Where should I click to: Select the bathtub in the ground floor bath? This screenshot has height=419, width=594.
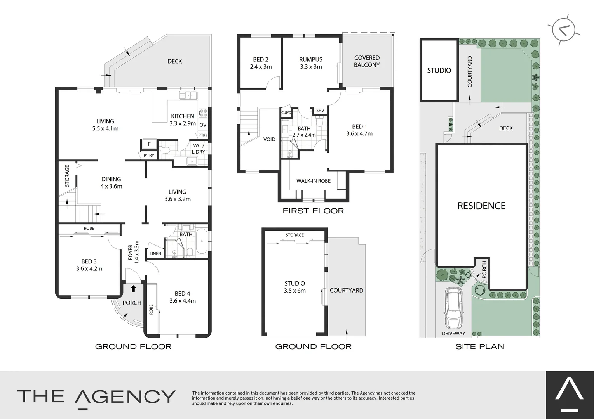point(202,242)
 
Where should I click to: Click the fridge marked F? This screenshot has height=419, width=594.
point(149,144)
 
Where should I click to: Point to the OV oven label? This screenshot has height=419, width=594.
point(203,125)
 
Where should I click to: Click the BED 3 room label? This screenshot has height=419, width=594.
point(89,265)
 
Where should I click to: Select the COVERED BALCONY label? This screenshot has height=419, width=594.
point(366,61)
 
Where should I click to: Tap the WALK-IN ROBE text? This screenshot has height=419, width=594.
point(314,181)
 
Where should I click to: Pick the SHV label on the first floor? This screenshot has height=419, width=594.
point(320,111)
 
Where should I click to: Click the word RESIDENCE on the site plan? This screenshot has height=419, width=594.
point(481,206)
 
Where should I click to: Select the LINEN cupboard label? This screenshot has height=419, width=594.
point(155,253)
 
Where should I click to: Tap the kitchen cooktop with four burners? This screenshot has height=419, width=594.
point(203,113)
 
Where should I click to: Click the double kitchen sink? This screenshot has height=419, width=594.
point(188,95)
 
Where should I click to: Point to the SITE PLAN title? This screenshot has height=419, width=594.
point(480,346)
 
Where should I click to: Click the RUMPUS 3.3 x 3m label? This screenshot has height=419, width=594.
point(311,63)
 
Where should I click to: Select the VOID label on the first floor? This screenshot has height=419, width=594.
point(269,139)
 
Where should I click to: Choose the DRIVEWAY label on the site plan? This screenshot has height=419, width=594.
point(453,334)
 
